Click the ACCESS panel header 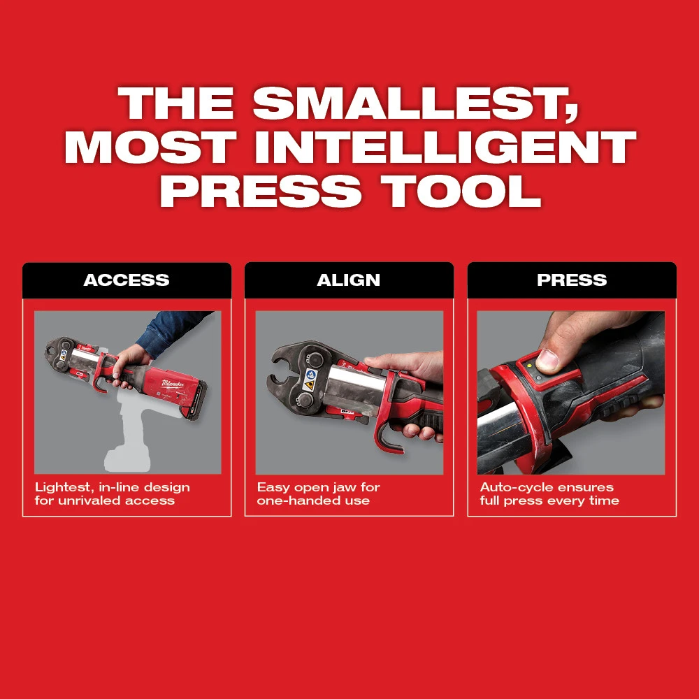(x=127, y=280)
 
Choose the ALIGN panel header (x=349, y=280)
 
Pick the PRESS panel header (x=572, y=280)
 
